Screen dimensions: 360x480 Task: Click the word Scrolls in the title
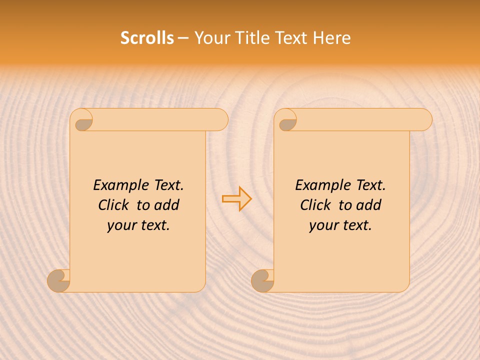(147, 38)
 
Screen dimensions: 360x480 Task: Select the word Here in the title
(332, 38)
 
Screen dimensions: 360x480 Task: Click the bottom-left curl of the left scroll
(58, 280)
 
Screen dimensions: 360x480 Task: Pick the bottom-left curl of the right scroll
(262, 280)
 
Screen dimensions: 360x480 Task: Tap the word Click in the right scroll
(315, 205)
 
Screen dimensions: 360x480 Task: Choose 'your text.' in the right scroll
(340, 225)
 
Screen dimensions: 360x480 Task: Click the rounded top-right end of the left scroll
(220, 120)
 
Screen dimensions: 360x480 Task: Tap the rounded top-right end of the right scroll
(424, 120)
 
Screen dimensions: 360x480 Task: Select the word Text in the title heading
(291, 38)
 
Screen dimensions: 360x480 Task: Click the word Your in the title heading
(210, 38)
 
